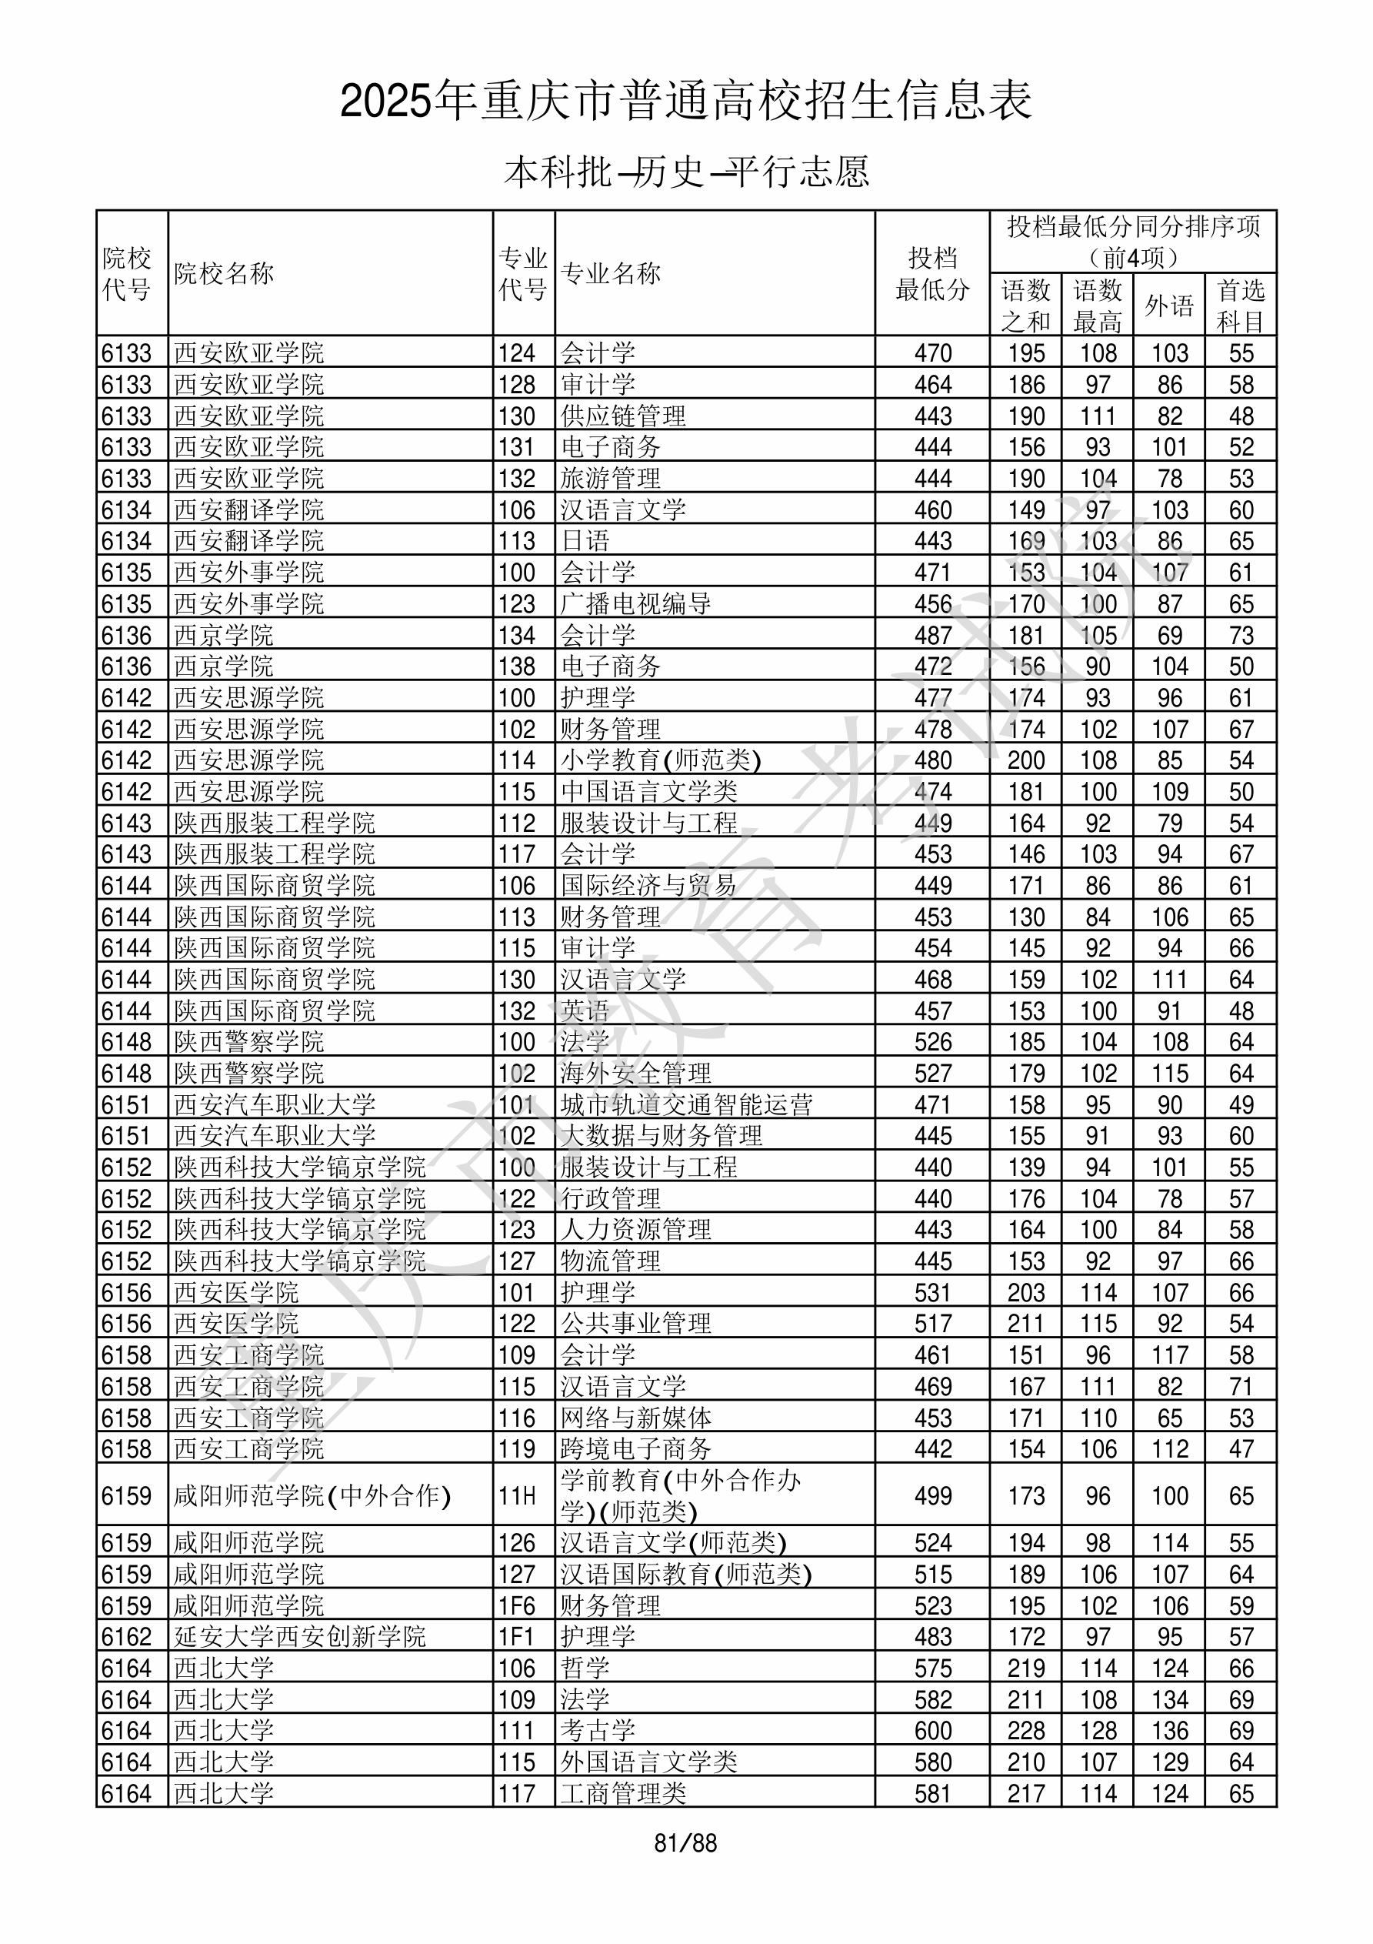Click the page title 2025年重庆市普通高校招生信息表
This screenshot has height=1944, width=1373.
pyautogui.click(x=685, y=102)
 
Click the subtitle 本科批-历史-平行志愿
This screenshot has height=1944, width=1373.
pyautogui.click(x=685, y=172)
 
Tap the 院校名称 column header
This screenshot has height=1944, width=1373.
pyautogui.click(x=225, y=273)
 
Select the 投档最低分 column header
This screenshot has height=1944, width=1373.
pyautogui.click(x=932, y=273)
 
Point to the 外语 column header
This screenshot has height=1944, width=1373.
pyautogui.click(x=1169, y=305)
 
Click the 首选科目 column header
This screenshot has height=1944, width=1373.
pyautogui.click(x=1240, y=305)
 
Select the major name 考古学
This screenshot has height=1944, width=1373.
pyautogui.click(x=598, y=1731)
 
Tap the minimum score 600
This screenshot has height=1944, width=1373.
pyautogui.click(x=933, y=1731)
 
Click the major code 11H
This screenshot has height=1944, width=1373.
pyautogui.click(x=517, y=1496)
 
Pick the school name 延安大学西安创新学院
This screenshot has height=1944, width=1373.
pyautogui.click(x=300, y=1637)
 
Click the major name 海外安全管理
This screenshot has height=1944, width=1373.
pyautogui.click(x=635, y=1074)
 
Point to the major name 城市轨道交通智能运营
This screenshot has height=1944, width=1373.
pyautogui.click(x=686, y=1105)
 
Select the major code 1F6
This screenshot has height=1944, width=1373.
pyautogui.click(x=517, y=1605)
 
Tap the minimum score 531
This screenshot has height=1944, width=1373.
pyautogui.click(x=933, y=1293)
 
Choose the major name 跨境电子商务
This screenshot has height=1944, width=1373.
pyautogui.click(x=635, y=1448)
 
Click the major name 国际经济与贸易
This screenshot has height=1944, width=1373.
pyautogui.click(x=648, y=886)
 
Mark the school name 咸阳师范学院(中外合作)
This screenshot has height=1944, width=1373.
pyautogui.click(x=312, y=1496)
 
